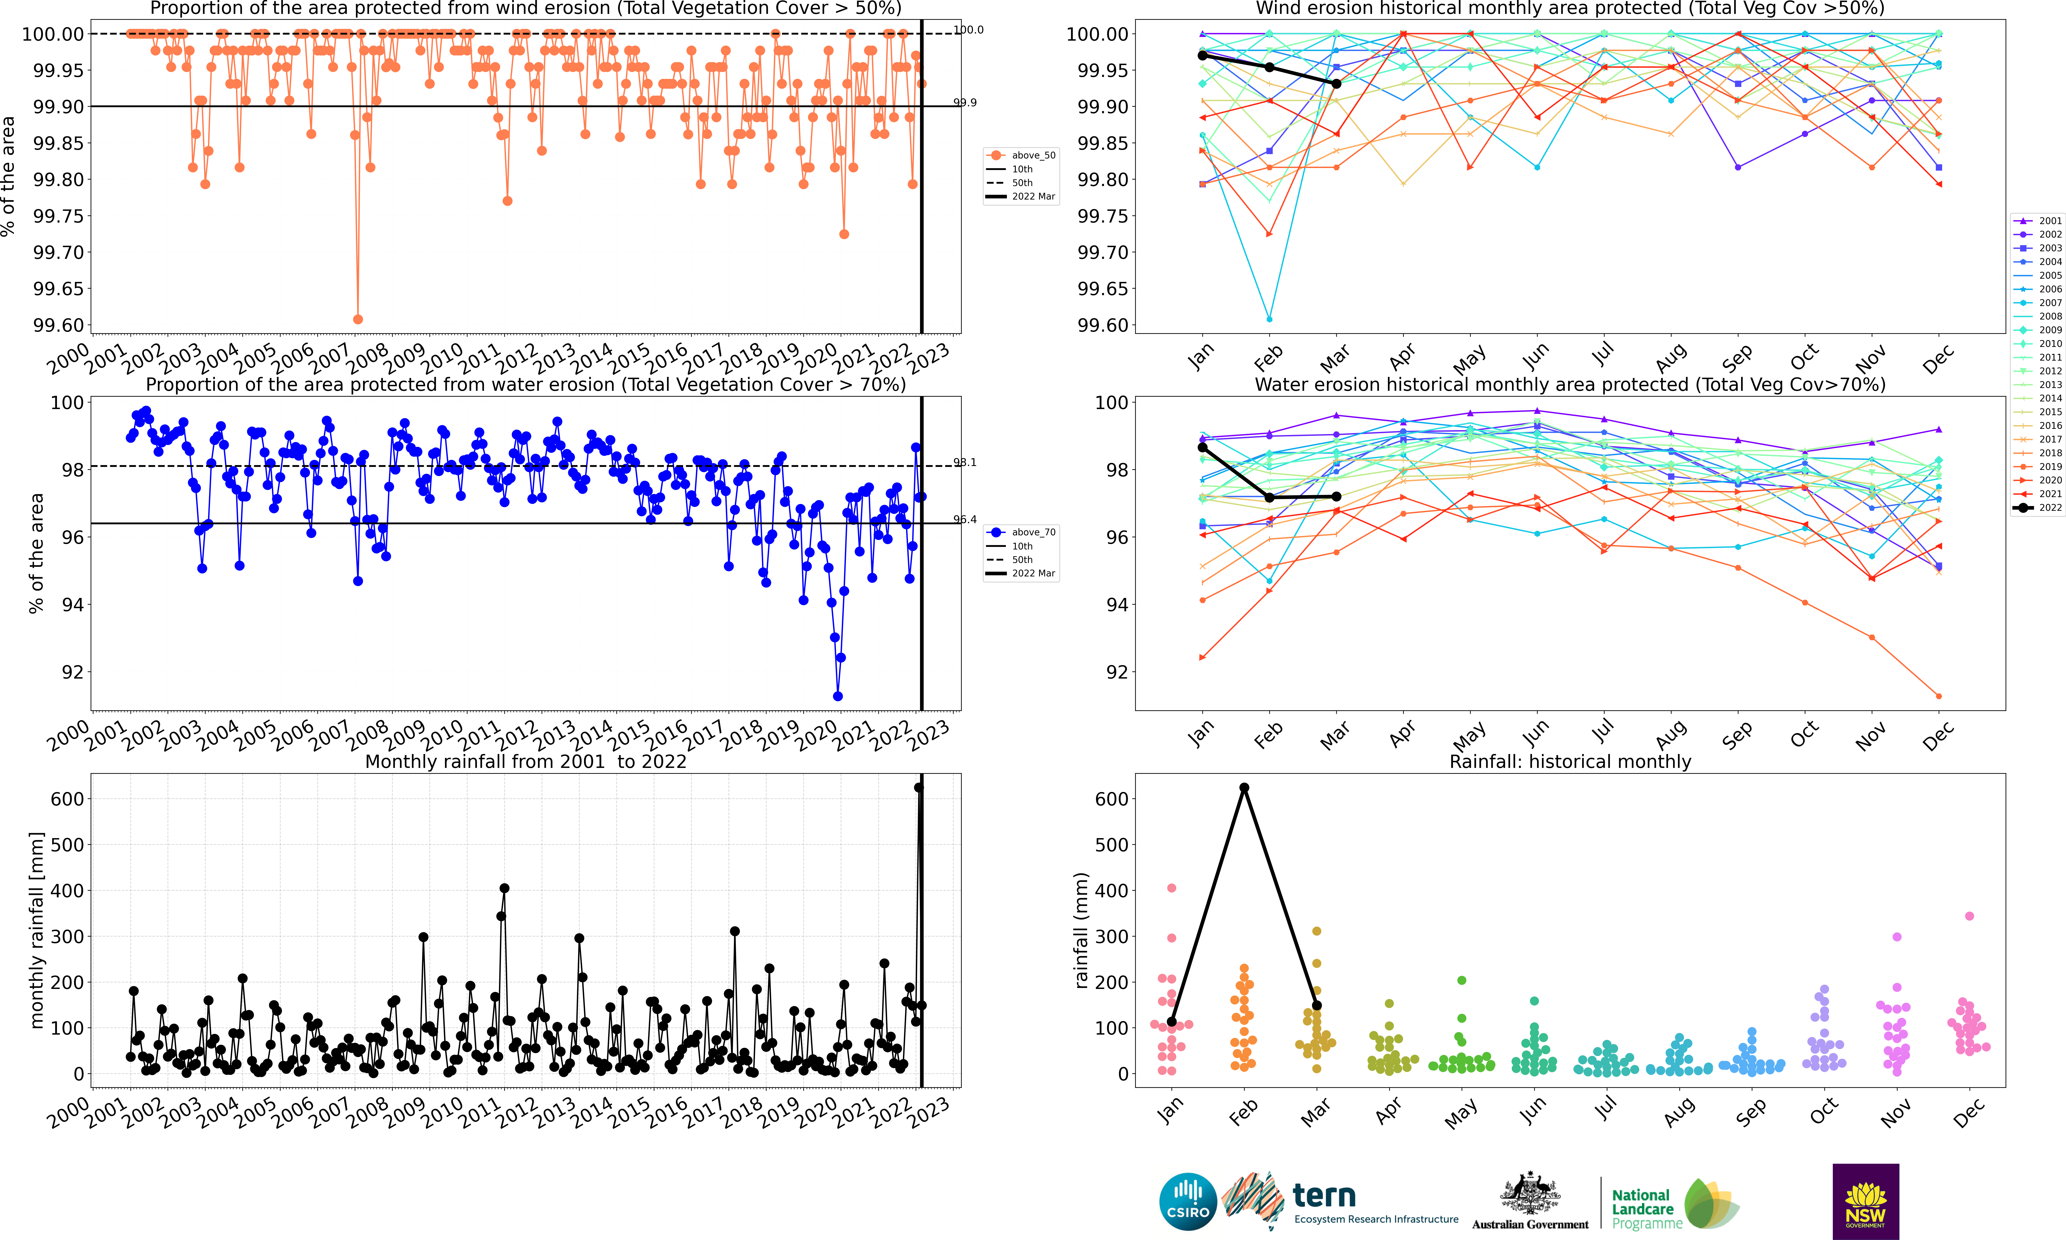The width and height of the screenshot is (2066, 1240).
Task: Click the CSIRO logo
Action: pos(1187,1202)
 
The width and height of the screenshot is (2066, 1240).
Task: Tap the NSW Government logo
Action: pos(1865,1201)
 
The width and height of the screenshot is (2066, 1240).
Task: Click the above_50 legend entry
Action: pos(1021,155)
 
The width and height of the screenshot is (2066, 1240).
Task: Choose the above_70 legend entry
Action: pos(1021,532)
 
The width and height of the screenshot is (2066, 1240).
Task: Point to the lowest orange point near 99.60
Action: pos(358,319)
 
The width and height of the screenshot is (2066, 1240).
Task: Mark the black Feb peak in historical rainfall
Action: pos(1244,788)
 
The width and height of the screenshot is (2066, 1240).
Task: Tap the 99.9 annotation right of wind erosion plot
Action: pos(965,103)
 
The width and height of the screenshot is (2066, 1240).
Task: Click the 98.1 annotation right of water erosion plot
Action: pos(965,462)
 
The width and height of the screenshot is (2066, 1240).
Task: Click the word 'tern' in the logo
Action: pos(1324,1196)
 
